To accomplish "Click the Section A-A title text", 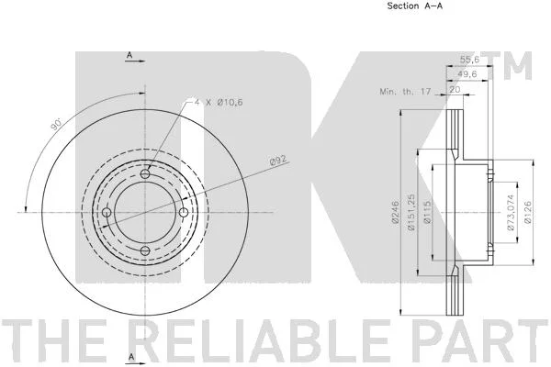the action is coord(415,6).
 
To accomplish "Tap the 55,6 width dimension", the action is coord(469,60).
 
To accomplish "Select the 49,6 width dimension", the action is coord(467,74).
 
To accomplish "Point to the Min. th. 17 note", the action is coord(405,92).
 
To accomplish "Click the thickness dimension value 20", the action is coord(455,90).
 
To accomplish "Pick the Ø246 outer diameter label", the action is coord(396,212).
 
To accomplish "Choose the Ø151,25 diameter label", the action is coord(411,212).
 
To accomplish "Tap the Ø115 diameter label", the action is coord(427,212).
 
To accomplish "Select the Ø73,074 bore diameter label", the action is coord(511,212).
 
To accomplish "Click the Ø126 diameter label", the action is coord(527,212).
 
